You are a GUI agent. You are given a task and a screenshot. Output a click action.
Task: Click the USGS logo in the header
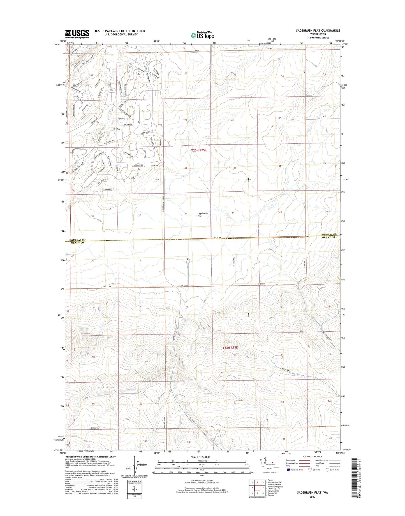[77, 34]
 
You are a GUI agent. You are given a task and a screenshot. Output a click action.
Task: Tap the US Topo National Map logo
[202, 35]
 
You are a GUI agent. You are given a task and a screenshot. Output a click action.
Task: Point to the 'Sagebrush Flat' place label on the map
[202, 215]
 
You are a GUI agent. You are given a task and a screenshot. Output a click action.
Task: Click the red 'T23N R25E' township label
[199, 150]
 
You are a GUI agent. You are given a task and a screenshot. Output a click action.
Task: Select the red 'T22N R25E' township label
[230, 348]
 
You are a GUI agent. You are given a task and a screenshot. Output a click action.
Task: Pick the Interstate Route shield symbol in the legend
[288, 470]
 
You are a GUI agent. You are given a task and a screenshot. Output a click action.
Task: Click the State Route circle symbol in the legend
[327, 470]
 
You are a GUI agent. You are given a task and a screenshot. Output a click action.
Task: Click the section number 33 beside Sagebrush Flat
[186, 214]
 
